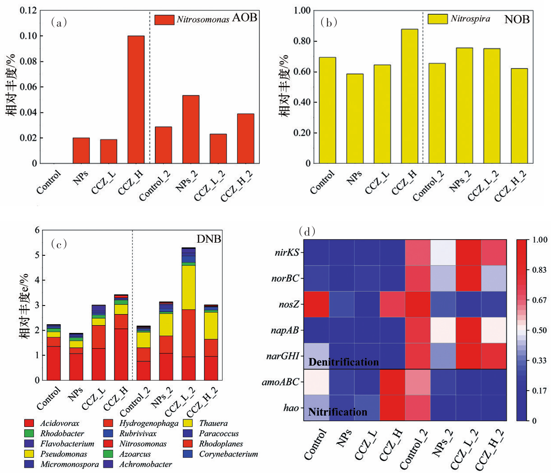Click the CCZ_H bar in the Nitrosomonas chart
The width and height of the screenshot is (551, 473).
[136, 99]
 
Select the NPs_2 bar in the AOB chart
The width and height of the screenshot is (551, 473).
[191, 129]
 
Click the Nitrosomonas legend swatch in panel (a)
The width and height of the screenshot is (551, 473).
[164, 20]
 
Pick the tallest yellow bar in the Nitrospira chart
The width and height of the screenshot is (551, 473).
[410, 96]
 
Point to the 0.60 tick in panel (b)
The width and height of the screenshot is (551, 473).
[302, 72]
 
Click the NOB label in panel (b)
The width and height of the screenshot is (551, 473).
[517, 19]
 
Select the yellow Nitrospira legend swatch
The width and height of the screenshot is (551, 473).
[437, 19]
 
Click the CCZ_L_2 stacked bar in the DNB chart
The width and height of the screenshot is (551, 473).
[188, 314]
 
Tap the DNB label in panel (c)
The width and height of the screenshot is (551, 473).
[209, 239]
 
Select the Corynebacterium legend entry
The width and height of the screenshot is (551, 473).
[229, 454]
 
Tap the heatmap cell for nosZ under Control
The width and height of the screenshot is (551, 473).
[316, 304]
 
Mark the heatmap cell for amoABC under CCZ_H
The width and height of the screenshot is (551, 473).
[392, 382]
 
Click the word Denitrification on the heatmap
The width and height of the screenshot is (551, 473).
[343, 362]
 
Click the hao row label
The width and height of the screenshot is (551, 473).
[292, 408]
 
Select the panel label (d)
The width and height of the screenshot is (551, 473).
[307, 232]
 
